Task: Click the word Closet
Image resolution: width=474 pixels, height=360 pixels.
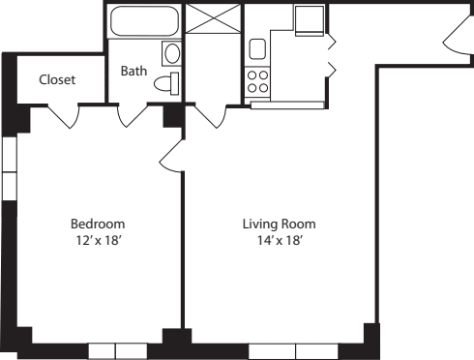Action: [x=57, y=80]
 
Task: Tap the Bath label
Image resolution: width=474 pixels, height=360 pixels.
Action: [x=133, y=71]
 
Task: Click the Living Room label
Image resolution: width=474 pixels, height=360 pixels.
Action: [x=279, y=224]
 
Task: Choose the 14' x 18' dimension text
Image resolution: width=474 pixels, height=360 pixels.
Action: [x=279, y=241]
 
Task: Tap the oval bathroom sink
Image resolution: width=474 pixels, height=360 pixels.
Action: [x=170, y=53]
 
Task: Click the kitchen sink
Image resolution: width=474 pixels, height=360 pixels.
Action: [x=257, y=49]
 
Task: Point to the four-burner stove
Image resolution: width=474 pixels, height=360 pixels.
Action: [x=258, y=81]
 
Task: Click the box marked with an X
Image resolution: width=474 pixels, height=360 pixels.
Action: [x=213, y=21]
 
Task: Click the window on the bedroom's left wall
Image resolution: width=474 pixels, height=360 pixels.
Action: [x=9, y=168]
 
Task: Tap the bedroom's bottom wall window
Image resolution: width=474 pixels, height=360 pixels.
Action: [x=116, y=350]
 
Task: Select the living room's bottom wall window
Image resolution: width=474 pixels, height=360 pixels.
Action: [x=294, y=350]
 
